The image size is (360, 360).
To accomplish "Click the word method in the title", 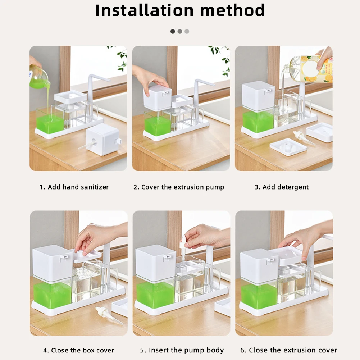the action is click(233, 10).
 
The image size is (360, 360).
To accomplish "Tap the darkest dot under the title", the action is click(173, 31).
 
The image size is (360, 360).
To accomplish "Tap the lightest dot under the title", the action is click(187, 31).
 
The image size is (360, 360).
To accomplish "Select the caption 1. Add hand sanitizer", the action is click(74, 187).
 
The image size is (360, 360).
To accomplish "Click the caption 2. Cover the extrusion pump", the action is click(179, 187).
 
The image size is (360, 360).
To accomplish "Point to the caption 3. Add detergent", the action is click(282, 187).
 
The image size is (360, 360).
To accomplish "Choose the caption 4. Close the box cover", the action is click(78, 350).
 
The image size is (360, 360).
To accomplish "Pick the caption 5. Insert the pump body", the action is click(182, 350).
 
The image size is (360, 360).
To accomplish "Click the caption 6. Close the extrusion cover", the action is click(288, 350).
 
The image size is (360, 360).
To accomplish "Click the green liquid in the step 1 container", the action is click(50, 124).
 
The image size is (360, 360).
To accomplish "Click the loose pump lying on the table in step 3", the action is click(304, 138).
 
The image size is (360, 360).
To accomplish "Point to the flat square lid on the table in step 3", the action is click(288, 147).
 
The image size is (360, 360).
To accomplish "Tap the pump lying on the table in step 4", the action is click(109, 315).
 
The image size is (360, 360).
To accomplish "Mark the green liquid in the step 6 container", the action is click(259, 296).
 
